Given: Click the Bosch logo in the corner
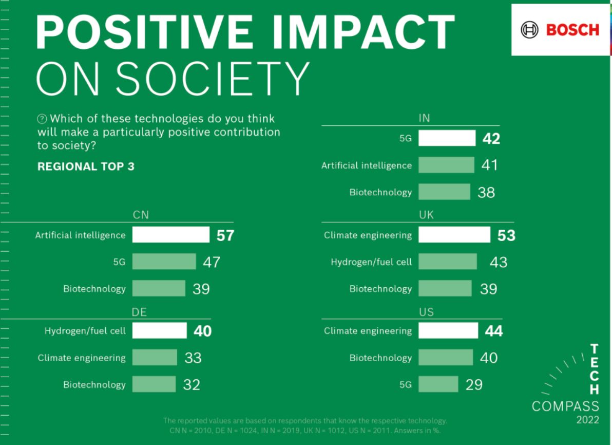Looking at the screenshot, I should [x=560, y=30].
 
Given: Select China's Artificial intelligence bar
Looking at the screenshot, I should [x=171, y=235].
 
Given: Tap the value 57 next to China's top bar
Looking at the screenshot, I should [x=225, y=235].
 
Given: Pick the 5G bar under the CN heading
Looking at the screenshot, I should [x=164, y=262].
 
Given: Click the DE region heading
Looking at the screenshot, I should [x=140, y=311].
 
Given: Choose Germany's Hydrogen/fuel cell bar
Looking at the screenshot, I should [x=159, y=330].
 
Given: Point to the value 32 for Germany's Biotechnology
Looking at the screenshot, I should [x=192, y=384].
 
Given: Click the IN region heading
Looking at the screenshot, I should [x=424, y=118].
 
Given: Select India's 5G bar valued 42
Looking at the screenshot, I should [x=447, y=138].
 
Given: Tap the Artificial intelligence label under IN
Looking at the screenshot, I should [x=367, y=165].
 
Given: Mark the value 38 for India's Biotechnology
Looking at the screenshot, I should [x=486, y=192].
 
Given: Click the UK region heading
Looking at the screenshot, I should [x=426, y=215].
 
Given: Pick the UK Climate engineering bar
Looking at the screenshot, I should [x=454, y=235].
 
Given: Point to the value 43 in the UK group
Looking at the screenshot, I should [x=499, y=262].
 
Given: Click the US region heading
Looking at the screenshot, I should [x=426, y=311].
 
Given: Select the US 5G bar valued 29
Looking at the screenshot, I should [x=438, y=384].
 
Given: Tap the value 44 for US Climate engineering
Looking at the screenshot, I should [x=494, y=330].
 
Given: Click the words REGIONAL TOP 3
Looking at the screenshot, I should [x=86, y=166].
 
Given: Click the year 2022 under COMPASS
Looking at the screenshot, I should [x=587, y=420].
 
